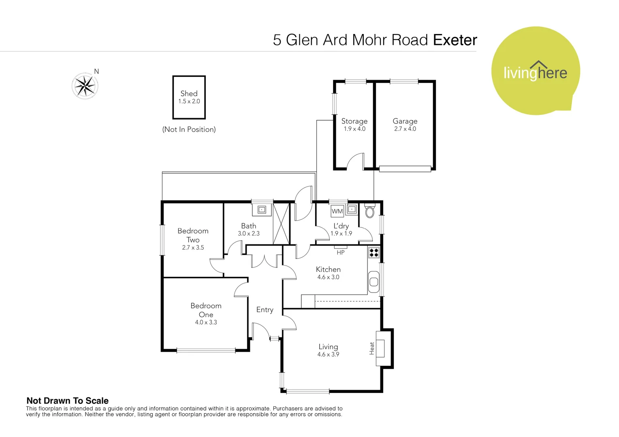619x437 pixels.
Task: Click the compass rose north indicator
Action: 85,85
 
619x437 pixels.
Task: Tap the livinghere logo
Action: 535,71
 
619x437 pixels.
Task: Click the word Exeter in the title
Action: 455,40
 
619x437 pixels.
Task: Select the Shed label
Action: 189,93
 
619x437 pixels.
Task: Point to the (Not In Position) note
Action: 189,129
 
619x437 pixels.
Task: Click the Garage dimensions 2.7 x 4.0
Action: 405,129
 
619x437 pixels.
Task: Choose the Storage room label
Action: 354,121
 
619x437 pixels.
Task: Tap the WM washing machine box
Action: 337,211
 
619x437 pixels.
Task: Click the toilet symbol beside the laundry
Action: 369,211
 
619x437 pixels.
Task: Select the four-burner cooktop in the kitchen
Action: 374,253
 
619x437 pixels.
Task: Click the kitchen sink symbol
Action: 374,282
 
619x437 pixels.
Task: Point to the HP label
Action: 341,252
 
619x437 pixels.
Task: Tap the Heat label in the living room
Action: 371,348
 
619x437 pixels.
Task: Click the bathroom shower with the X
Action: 281,224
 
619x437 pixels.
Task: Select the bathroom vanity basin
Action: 262,210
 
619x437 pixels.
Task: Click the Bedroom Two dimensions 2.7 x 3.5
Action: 193,248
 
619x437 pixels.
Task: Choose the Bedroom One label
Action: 206,310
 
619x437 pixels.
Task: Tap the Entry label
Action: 265,310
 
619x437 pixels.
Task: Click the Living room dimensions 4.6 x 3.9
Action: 328,354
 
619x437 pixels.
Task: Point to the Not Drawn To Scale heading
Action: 67,401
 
